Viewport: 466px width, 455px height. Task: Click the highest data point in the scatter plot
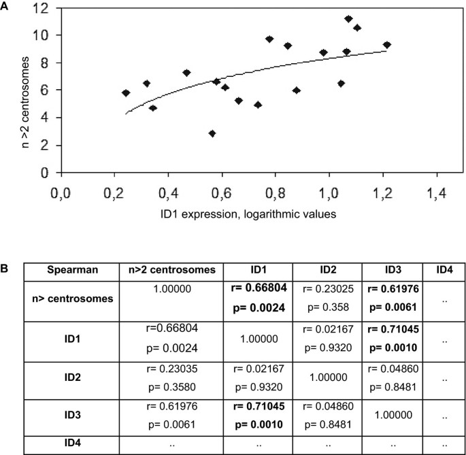point(348,19)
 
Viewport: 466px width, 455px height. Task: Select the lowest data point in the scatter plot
point(212,133)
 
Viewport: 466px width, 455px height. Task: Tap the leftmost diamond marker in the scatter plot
point(126,93)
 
